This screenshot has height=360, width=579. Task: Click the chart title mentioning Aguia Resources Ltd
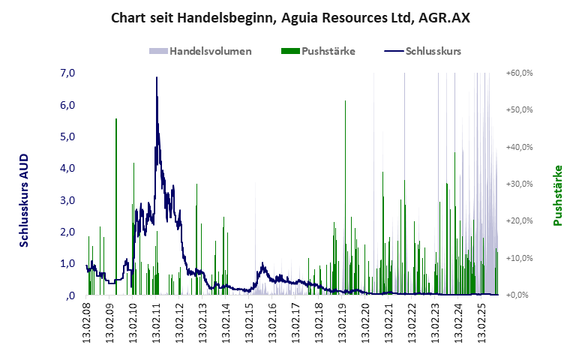290,17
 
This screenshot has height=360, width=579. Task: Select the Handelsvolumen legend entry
200,52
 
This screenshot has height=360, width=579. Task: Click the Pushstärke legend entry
318,52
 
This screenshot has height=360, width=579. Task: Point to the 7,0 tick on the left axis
67,73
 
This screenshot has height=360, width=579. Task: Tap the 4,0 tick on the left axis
67,168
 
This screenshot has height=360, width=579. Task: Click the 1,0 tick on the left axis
67,263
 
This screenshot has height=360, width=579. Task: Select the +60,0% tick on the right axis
519,73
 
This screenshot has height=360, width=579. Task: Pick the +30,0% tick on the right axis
519,184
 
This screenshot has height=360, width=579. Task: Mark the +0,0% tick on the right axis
520,295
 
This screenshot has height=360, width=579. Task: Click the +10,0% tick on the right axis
519,258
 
